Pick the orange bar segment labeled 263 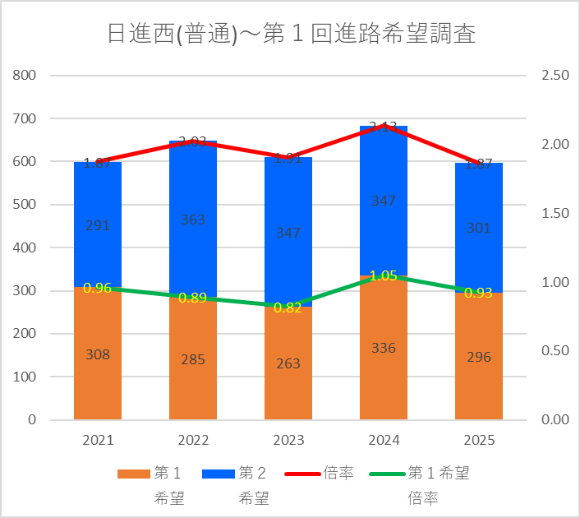tap(288, 363)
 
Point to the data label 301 tap(479, 229)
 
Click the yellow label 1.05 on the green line tap(384, 276)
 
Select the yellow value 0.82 tap(288, 308)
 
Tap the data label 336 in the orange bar tap(384, 348)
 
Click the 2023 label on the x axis tap(288, 441)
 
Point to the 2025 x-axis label tap(479, 441)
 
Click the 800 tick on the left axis tap(25, 76)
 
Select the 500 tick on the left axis tap(25, 205)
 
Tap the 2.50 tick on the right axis tap(555, 76)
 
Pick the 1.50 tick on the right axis tap(555, 213)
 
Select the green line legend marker tap(387, 474)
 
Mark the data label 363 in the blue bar tap(193, 220)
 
